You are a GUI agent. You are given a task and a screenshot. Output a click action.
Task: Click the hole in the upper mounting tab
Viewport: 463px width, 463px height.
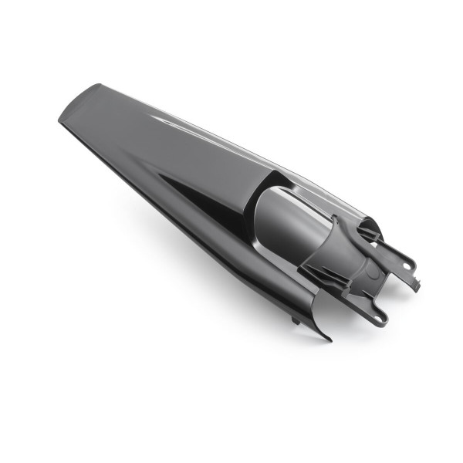coord(407,264)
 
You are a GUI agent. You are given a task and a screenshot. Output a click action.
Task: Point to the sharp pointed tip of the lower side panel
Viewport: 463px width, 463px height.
coord(329,339)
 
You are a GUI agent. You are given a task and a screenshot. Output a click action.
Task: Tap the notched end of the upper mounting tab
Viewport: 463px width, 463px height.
coord(417,286)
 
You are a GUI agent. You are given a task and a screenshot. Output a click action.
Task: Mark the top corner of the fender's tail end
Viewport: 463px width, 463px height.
coord(100,85)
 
